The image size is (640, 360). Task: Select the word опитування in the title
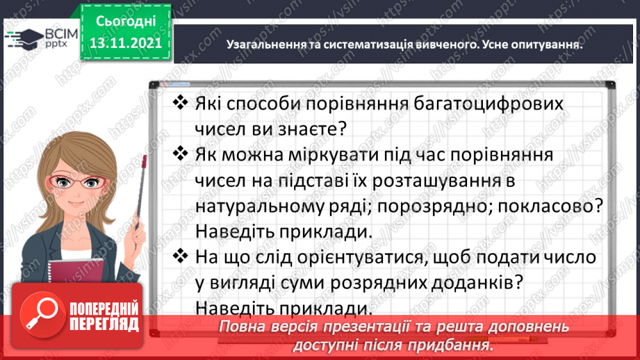[546, 44]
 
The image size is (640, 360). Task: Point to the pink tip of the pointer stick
[144, 161]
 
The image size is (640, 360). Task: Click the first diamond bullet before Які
[180, 103]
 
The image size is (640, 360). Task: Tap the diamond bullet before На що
[180, 256]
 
